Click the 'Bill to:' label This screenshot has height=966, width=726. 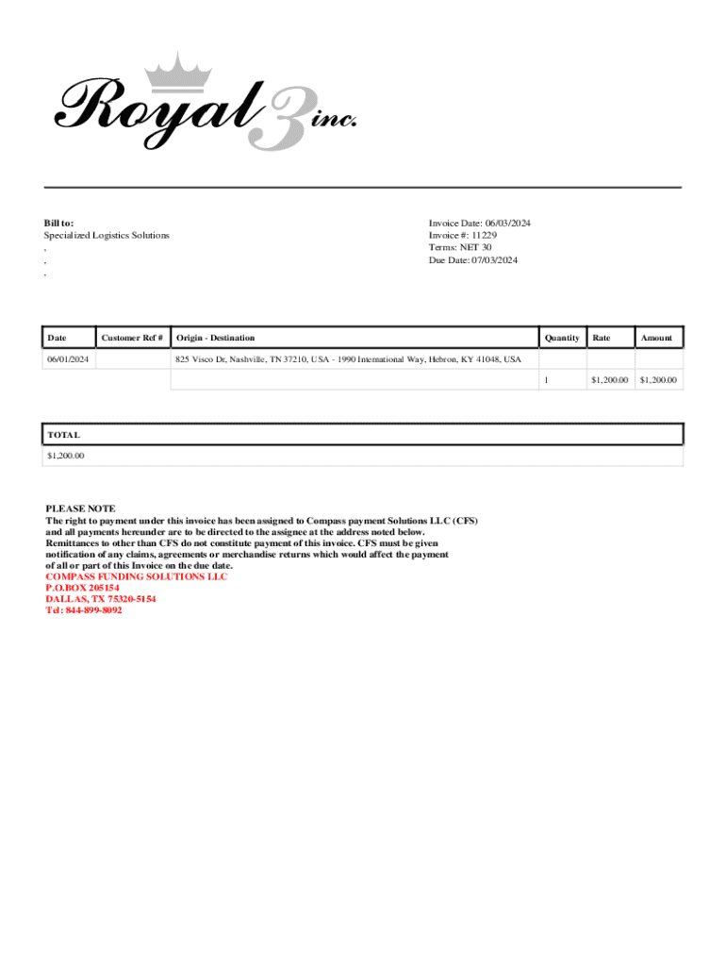(58, 223)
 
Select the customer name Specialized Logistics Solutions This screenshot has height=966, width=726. (107, 235)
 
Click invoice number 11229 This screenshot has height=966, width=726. (485, 235)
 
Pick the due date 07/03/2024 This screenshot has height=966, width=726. (494, 260)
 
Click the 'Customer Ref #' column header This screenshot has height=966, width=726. (133, 338)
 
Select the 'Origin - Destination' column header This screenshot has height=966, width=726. (215, 338)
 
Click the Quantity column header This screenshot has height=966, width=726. (562, 338)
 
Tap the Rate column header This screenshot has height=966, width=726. (601, 338)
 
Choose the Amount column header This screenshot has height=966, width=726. (656, 338)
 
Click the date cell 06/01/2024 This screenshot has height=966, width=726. (69, 359)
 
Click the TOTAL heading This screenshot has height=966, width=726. (64, 435)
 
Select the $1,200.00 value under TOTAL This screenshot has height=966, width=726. (65, 456)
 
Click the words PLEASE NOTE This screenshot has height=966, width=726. (80, 508)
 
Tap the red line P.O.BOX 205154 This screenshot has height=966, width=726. (83, 588)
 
